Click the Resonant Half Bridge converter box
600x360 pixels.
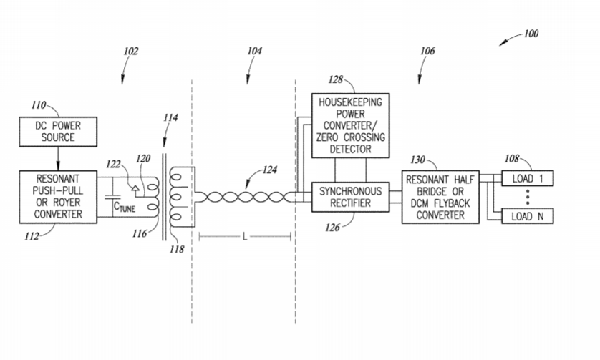[x=440, y=197]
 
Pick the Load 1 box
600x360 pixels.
[x=528, y=179]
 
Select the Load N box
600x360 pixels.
[x=528, y=215]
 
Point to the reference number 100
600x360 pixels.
[x=531, y=34]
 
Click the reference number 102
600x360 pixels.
[x=130, y=52]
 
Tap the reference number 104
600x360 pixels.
[x=254, y=52]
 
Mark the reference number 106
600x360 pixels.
[x=427, y=52]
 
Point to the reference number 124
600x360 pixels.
[x=270, y=170]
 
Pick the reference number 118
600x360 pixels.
[x=177, y=249]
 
